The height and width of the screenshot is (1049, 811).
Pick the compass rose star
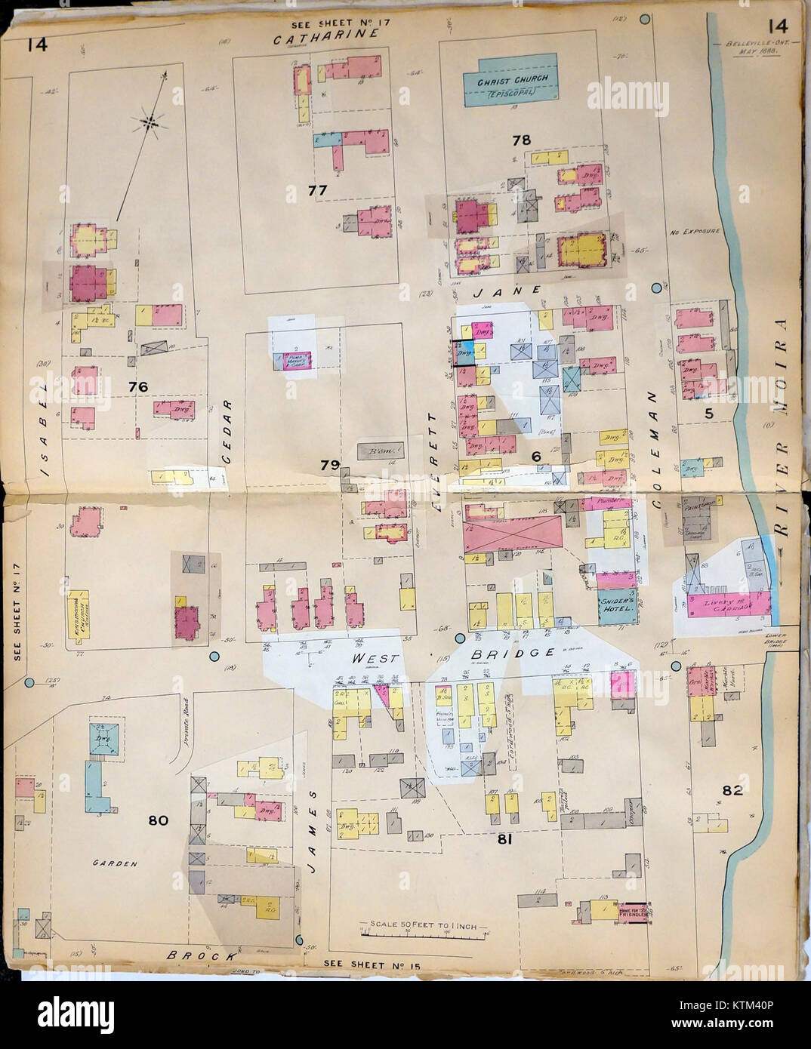point(152,121)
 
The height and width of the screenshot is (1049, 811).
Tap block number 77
point(317,191)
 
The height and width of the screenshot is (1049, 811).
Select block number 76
point(137,386)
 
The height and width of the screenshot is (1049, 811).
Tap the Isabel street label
point(44,429)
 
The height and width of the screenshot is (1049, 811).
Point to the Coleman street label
point(654,447)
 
